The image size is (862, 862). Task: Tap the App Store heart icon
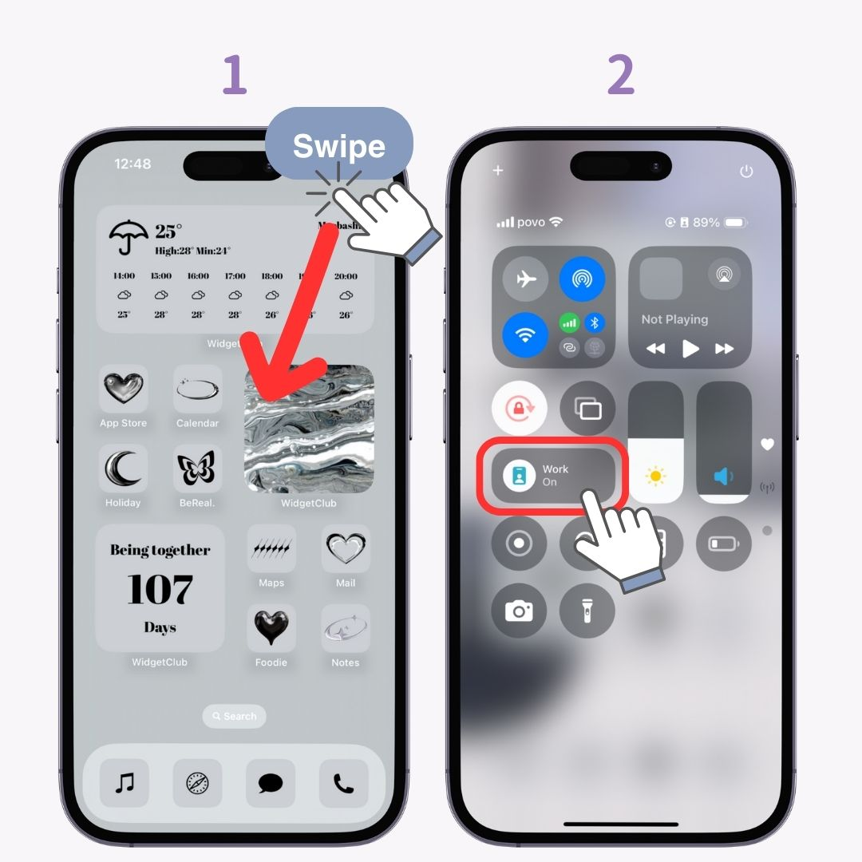click(123, 389)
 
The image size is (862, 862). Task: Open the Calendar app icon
click(197, 389)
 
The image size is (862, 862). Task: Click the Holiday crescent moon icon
click(123, 469)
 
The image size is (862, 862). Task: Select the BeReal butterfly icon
click(197, 469)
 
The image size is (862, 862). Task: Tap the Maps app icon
click(271, 549)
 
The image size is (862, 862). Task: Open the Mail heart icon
click(346, 549)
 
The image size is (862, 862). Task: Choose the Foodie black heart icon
click(271, 628)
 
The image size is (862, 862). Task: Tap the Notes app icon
click(346, 628)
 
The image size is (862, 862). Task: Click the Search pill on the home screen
click(234, 716)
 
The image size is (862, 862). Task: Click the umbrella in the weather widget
click(128, 236)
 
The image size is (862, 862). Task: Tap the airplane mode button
click(525, 279)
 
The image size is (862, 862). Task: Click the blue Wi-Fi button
click(525, 335)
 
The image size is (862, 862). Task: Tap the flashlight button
click(587, 611)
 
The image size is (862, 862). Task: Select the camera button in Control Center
click(519, 611)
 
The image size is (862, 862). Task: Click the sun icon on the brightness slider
click(656, 477)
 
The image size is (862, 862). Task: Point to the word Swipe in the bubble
click(339, 146)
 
